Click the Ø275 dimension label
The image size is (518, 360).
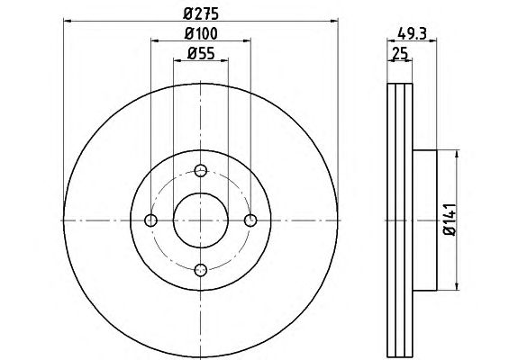201,13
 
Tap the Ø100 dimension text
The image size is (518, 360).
201,33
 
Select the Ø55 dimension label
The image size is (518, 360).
201,53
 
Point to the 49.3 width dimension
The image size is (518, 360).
412,33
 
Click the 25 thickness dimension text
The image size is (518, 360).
400,53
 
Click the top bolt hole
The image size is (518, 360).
201,171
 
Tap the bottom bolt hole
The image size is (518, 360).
201,270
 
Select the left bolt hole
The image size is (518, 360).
151,220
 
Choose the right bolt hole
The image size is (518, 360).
250,220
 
